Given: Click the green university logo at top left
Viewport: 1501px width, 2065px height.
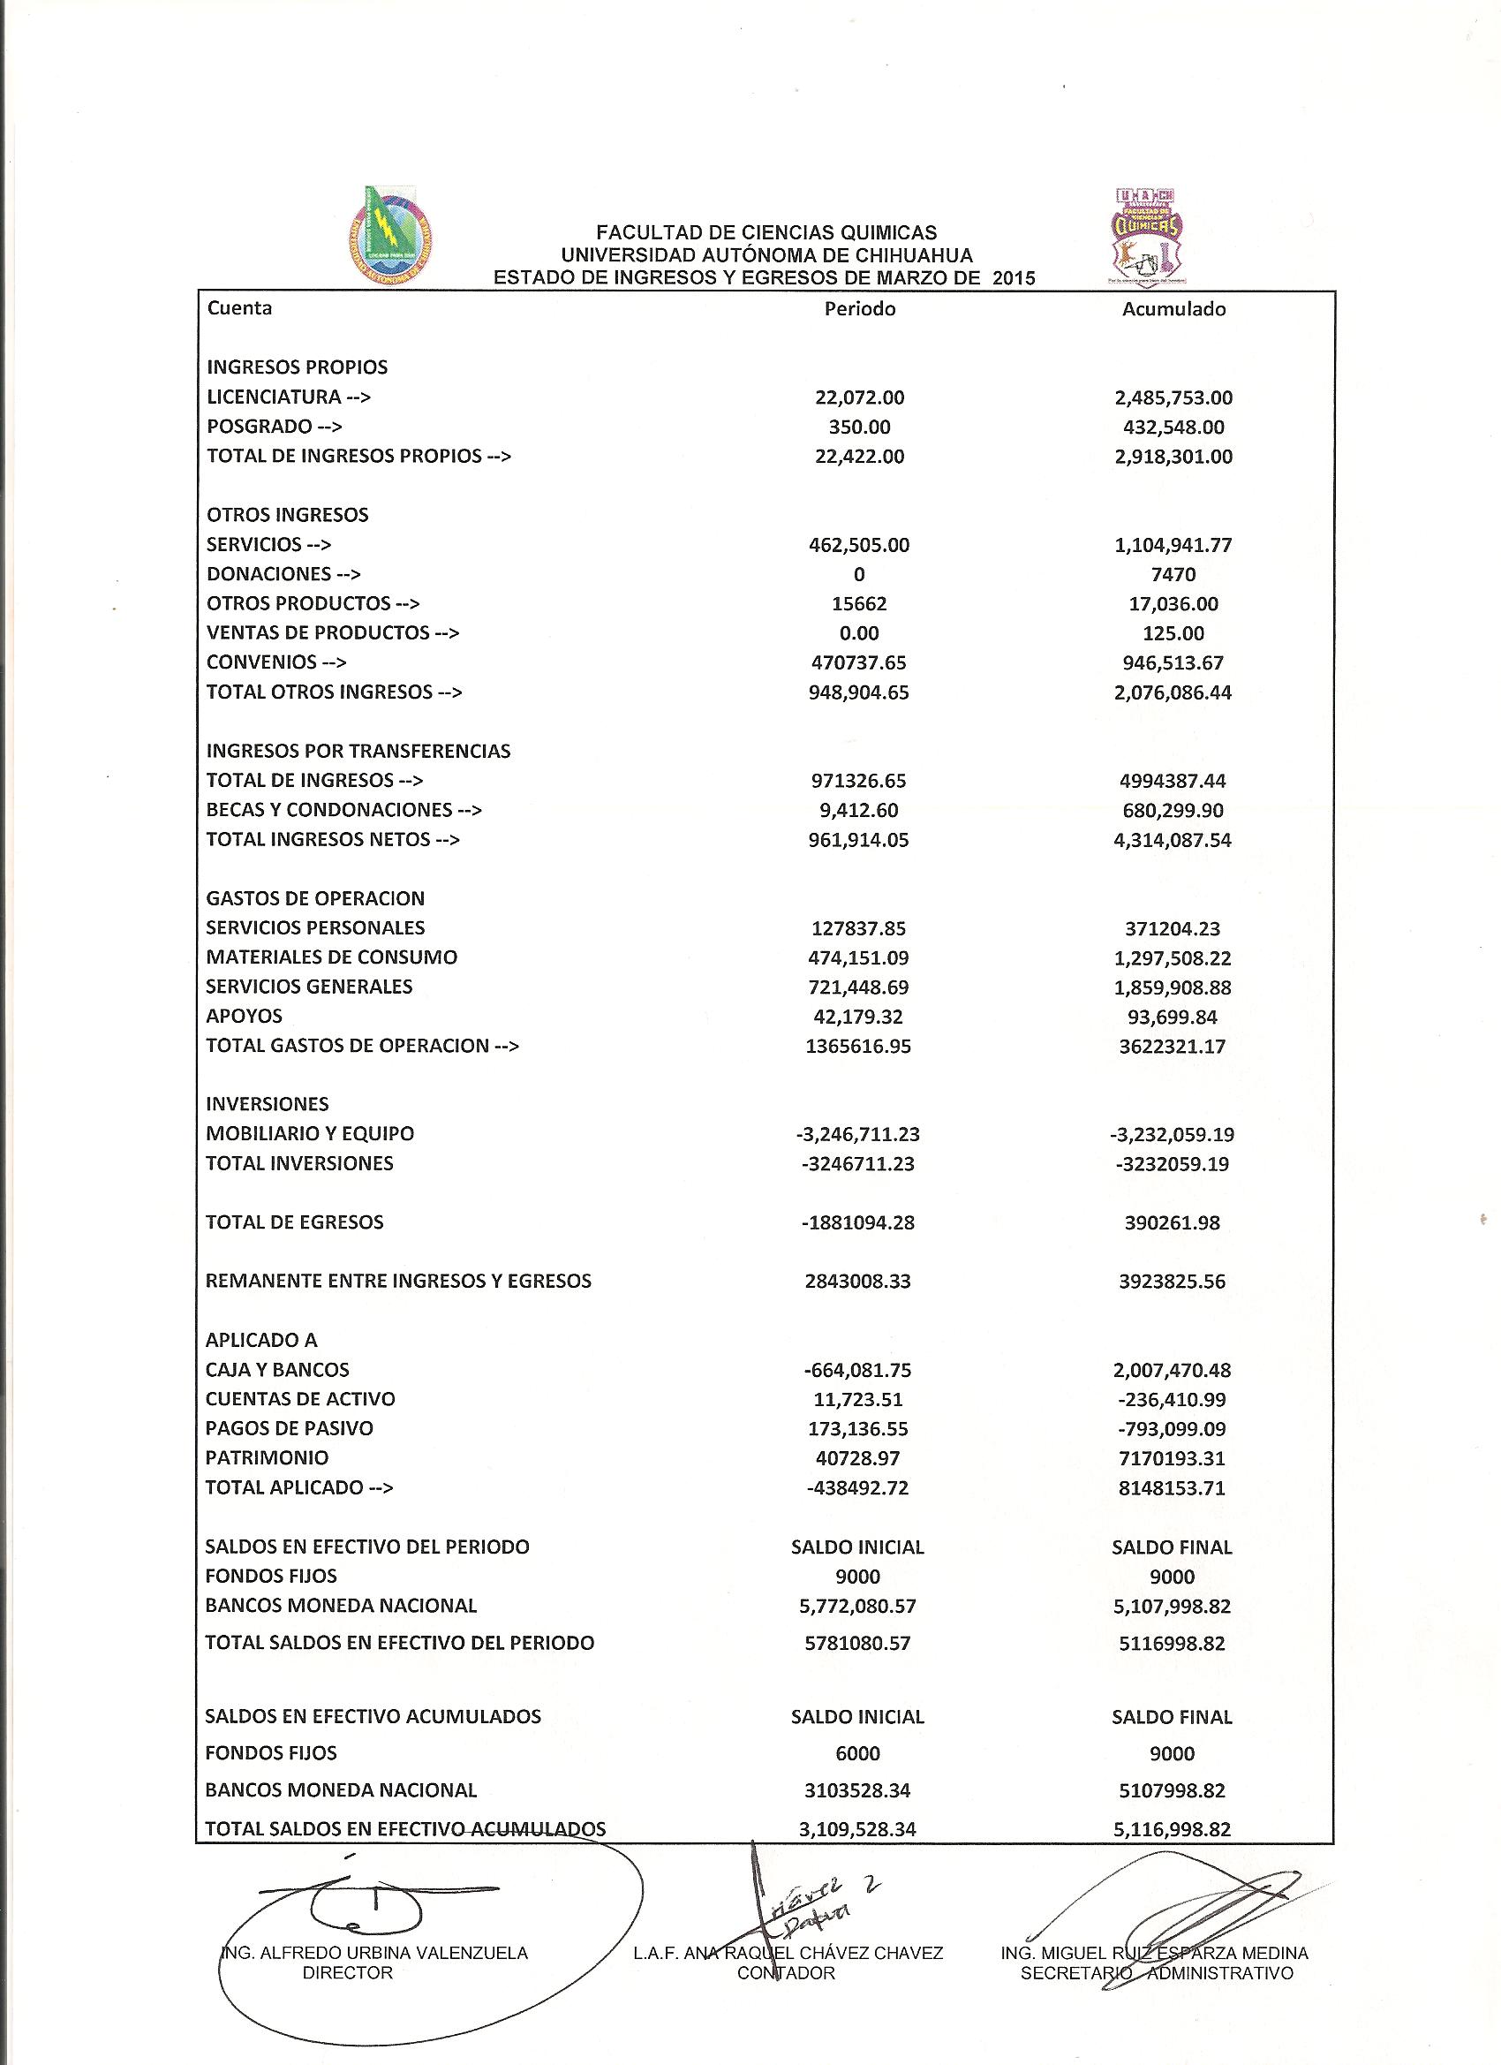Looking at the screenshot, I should (390, 234).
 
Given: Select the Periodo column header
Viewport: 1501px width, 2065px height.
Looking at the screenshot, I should (859, 309).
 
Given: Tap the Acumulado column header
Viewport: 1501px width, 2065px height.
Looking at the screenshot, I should (1173, 309).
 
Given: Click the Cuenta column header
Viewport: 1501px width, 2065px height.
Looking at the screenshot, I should (239, 307).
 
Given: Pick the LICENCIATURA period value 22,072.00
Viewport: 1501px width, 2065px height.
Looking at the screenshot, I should (859, 397).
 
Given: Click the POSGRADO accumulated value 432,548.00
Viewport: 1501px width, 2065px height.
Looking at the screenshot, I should (1173, 427).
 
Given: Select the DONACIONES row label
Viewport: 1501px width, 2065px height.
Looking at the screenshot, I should (283, 574).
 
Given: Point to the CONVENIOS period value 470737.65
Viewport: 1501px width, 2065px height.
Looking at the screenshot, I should (858, 662).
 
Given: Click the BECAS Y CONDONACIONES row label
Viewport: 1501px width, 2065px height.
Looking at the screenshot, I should (344, 810).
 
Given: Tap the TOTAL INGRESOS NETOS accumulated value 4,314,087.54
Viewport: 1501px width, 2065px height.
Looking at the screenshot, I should (1173, 840).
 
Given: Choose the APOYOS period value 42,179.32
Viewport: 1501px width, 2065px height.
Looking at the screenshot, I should (858, 1017).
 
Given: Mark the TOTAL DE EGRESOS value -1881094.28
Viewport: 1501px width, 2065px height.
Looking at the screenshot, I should (858, 1222).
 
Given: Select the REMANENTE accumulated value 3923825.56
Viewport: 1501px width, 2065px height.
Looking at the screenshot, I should (1173, 1282).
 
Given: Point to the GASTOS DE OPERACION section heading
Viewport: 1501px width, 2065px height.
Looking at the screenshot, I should (315, 898).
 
